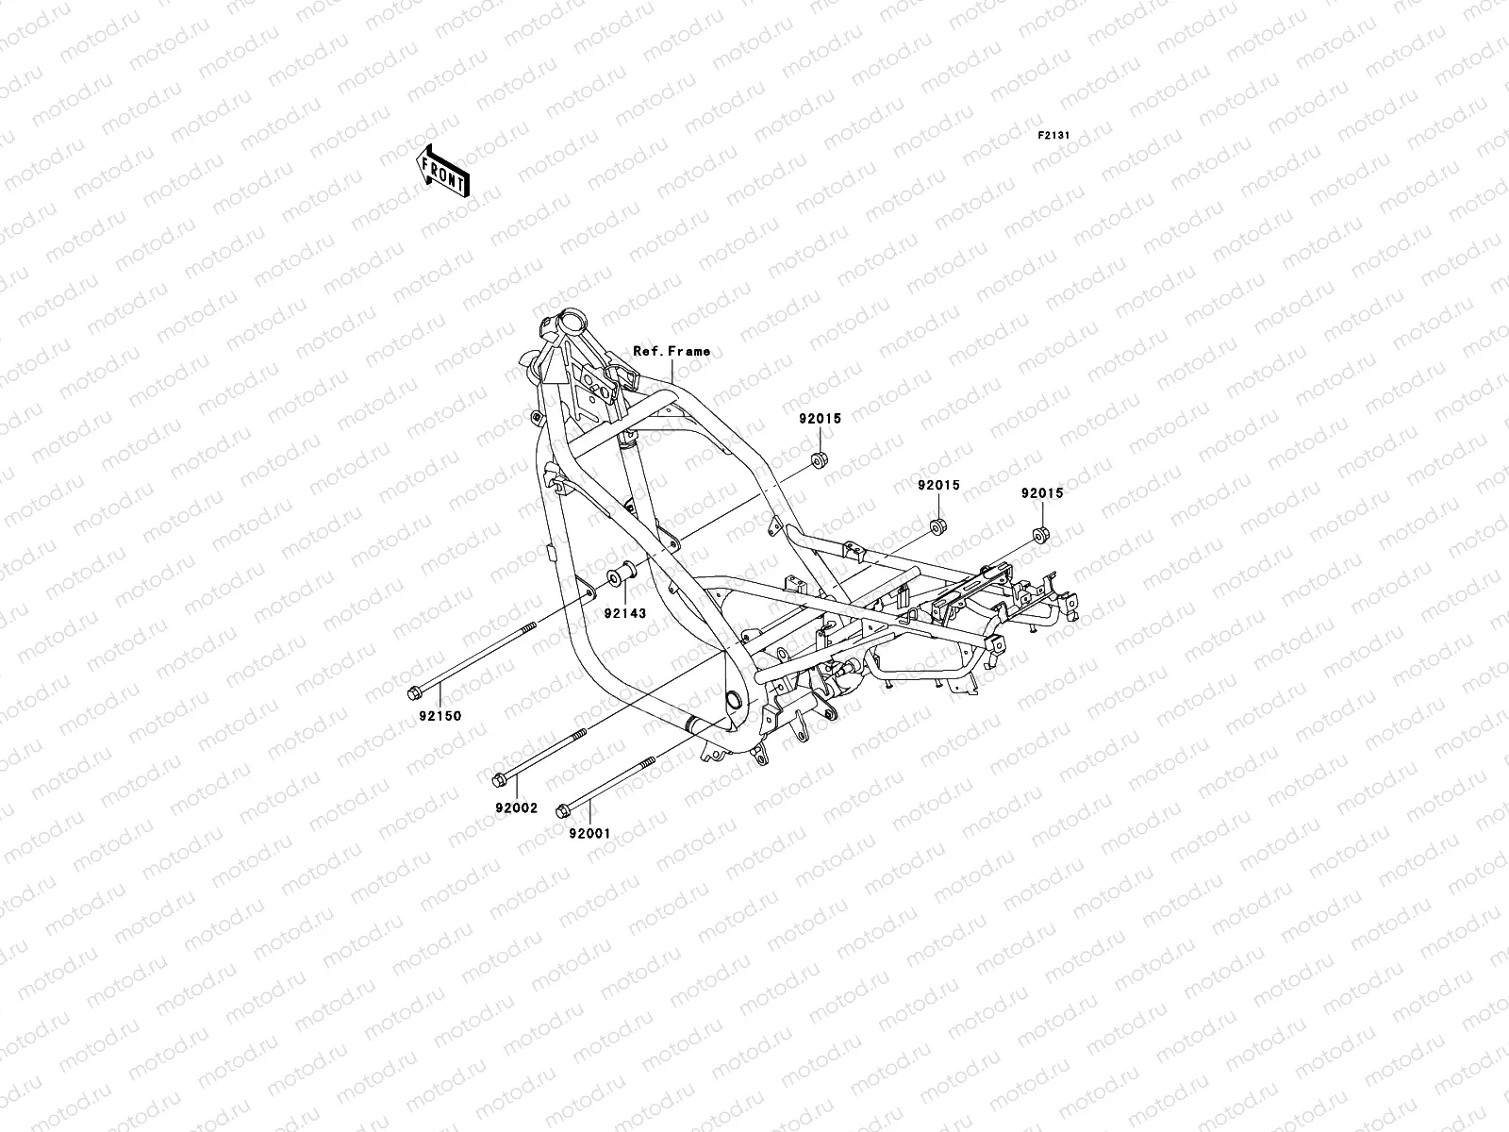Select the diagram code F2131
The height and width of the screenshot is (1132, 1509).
pos(1053,136)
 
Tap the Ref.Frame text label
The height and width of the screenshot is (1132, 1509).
pos(672,351)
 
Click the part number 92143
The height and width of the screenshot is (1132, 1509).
pos(624,613)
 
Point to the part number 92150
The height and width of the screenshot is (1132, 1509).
pos(440,716)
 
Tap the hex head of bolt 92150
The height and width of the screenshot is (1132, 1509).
pos(414,693)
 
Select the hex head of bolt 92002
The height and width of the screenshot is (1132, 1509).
pos(499,779)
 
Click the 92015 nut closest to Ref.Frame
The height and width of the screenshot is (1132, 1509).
pos(819,461)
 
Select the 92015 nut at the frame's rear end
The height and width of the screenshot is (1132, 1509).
pos(1041,536)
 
